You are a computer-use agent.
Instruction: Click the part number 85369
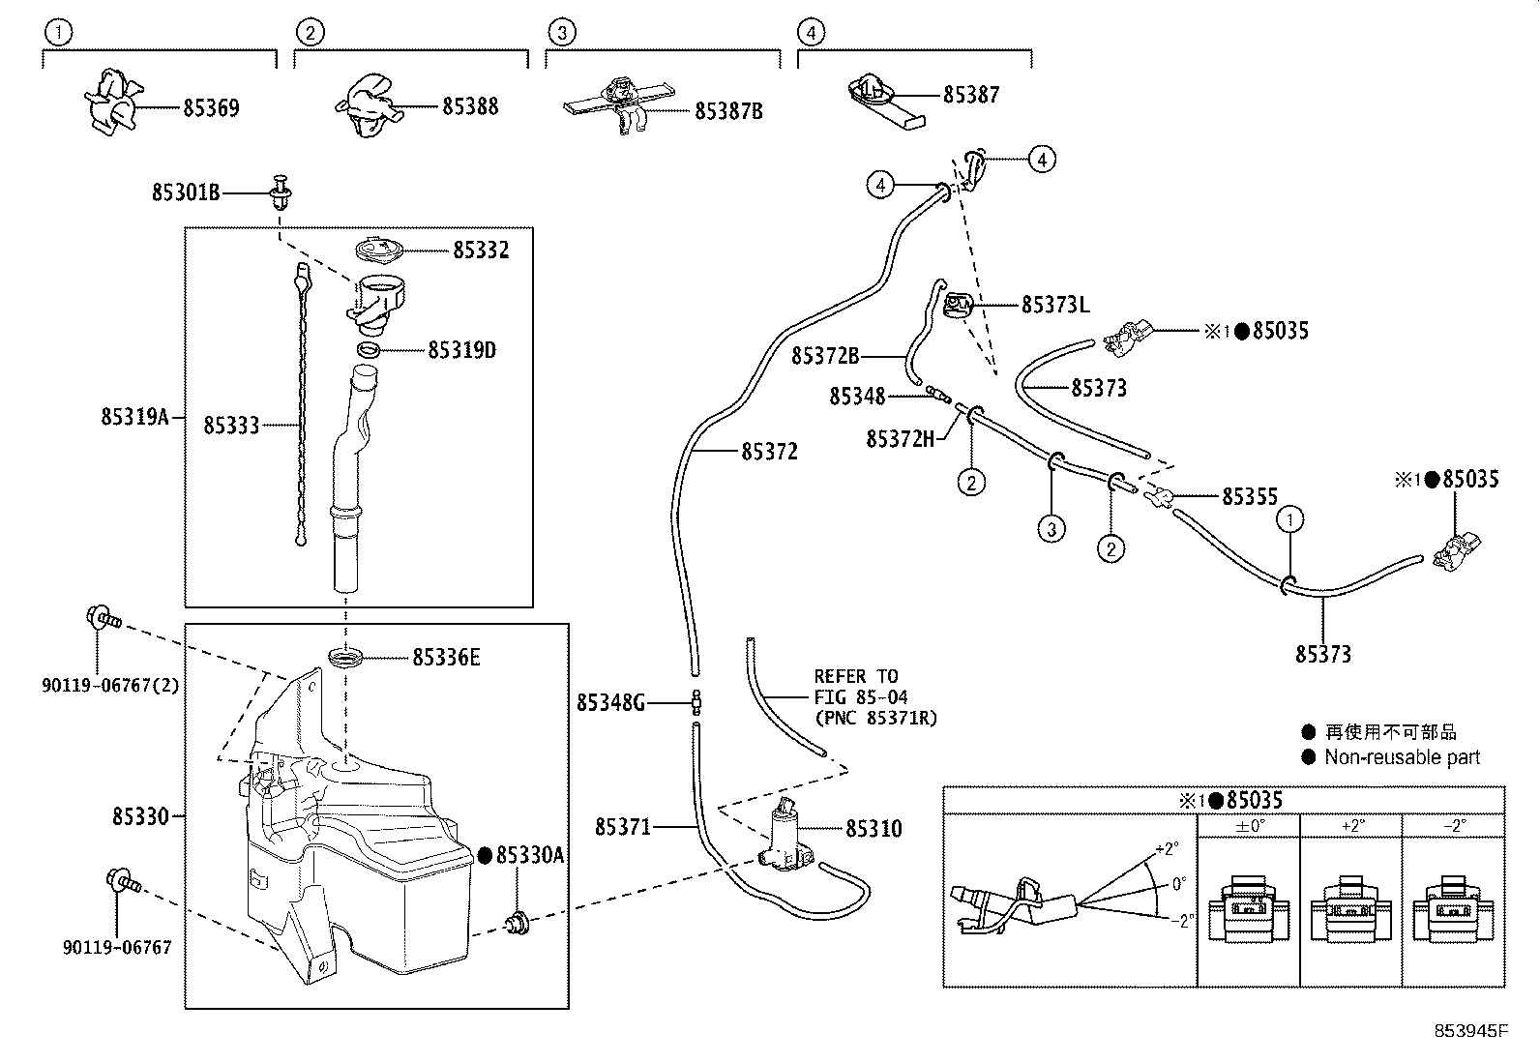(x=211, y=107)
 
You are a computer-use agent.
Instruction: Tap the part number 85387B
(x=728, y=111)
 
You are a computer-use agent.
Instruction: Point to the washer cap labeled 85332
(x=378, y=250)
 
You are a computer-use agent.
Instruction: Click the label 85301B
(x=186, y=192)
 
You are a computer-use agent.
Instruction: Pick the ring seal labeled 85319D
(x=370, y=349)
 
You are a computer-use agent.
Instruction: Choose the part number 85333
(x=231, y=425)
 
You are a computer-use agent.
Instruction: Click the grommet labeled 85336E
(x=346, y=659)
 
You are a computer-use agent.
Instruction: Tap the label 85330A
(x=529, y=855)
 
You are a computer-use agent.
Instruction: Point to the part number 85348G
(x=610, y=702)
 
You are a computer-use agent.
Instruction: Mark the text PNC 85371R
(x=876, y=718)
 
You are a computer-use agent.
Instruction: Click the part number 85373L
(x=1055, y=305)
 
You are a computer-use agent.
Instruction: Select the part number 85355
(x=1250, y=496)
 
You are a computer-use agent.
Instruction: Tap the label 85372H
(x=901, y=439)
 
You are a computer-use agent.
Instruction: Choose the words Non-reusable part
(x=1402, y=757)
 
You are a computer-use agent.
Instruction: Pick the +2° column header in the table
(x=1351, y=825)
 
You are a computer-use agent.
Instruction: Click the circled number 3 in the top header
(x=561, y=32)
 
